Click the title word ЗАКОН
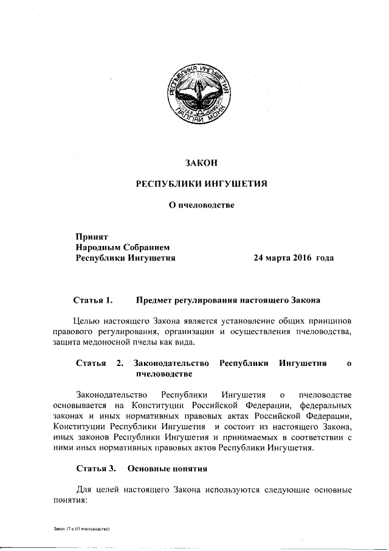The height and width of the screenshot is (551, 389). pos(201,163)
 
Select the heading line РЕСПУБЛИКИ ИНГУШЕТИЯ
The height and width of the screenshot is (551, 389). pos(201,184)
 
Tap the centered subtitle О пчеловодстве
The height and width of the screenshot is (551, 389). pos(201,205)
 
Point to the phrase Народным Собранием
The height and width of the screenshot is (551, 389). pos(120,247)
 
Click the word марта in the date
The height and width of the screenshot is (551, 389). pos(272,258)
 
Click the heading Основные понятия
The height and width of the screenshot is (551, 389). pos(168,469)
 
